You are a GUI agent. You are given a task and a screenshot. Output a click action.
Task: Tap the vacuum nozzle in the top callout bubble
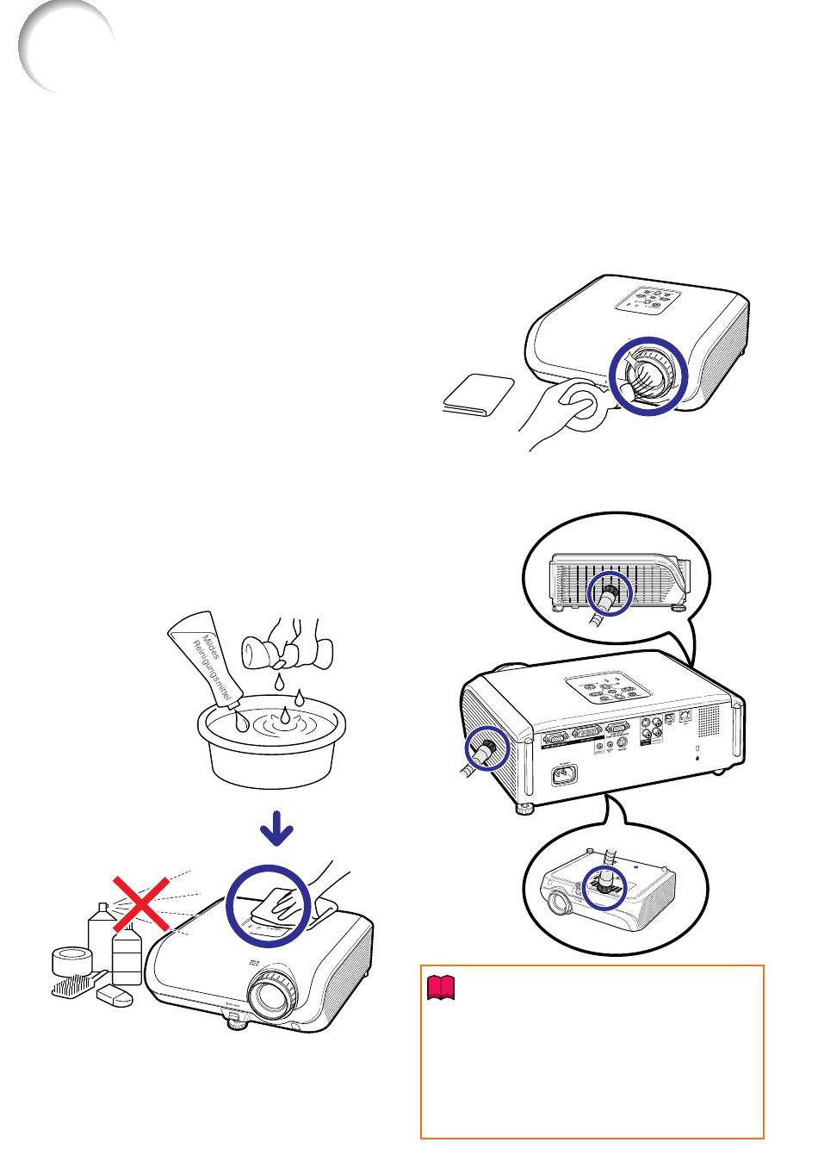pyautogui.click(x=608, y=598)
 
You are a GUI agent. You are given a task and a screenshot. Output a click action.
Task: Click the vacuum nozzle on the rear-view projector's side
pyautogui.click(x=485, y=748)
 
